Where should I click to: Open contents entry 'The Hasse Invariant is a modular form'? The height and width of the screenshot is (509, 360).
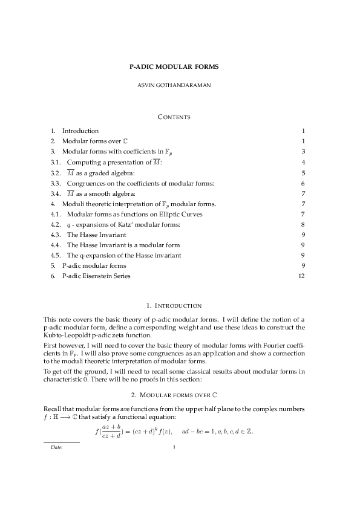[x=123, y=245]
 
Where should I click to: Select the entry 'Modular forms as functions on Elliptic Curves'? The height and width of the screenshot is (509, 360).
[x=134, y=214]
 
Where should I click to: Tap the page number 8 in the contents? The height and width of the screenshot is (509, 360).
[x=303, y=224]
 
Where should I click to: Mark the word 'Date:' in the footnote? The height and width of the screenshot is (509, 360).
[x=56, y=448]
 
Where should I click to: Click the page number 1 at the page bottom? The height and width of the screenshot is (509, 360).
[x=174, y=447]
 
